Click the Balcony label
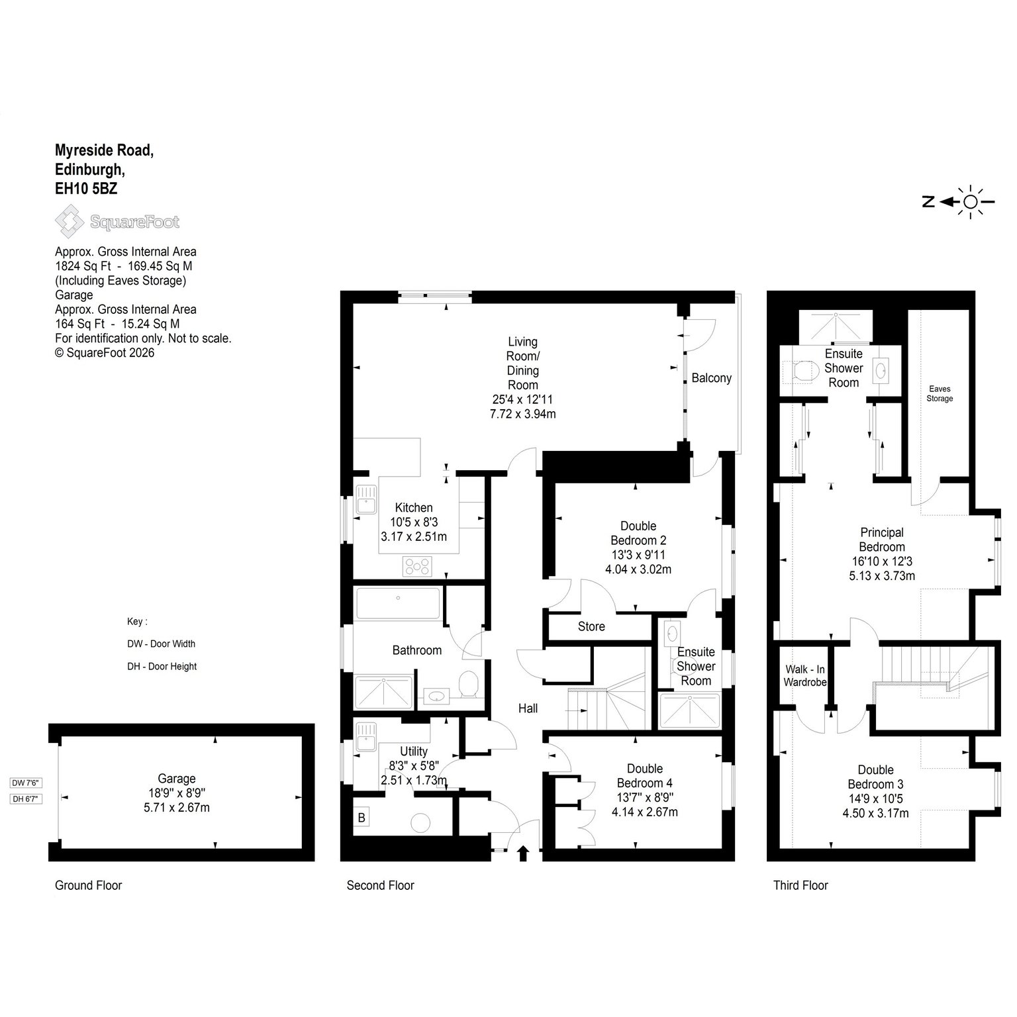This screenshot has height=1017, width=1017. [x=711, y=378]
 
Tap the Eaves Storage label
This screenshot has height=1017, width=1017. [x=940, y=393]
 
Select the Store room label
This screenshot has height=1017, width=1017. [x=591, y=626]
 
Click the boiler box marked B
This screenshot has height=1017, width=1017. [x=362, y=818]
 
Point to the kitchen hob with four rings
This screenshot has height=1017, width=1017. [x=418, y=566]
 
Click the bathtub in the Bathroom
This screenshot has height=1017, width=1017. [x=398, y=603]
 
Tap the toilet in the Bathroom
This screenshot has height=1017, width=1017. [x=468, y=684]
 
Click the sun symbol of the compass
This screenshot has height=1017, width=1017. [x=971, y=202]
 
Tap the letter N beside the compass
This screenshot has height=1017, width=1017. [x=929, y=202]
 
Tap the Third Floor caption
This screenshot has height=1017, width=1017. [x=800, y=885]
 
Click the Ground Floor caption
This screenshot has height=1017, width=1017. [x=89, y=885]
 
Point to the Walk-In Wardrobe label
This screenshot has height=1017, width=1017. [x=805, y=675]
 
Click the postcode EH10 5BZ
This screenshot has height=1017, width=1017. [x=86, y=188]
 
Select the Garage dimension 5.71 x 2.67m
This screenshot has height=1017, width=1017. [x=177, y=808]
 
